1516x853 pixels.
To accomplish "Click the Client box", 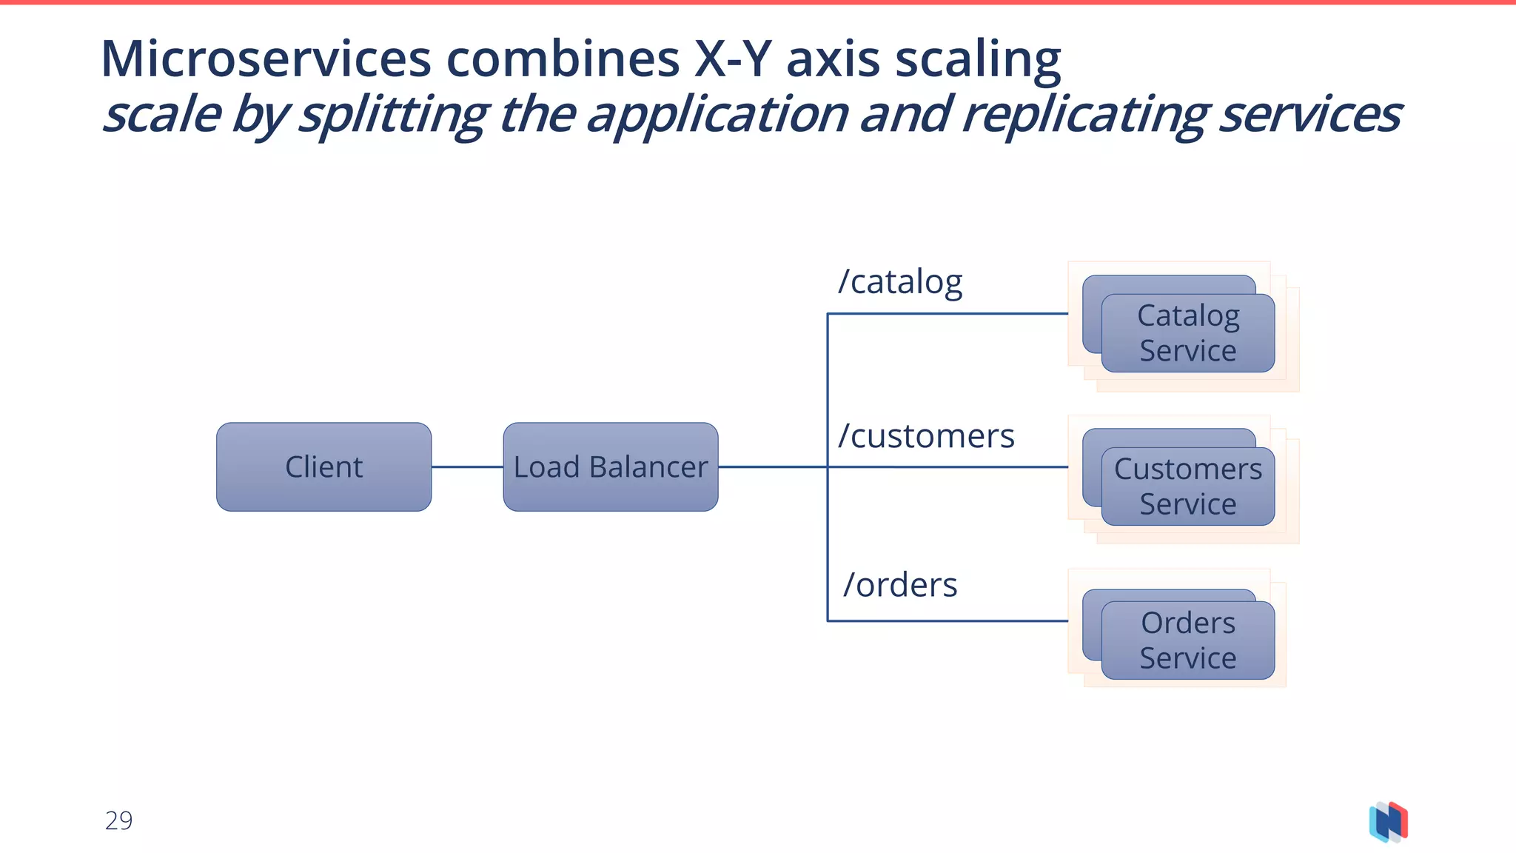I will click(323, 467).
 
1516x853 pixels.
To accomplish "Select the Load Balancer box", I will click(610, 467).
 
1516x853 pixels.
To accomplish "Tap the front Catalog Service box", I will click(1187, 333).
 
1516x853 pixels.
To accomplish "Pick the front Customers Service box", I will click(1187, 486).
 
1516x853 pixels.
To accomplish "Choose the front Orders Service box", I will click(1187, 640).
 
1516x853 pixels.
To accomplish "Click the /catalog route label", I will click(899, 282).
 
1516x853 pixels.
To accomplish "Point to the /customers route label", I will click(925, 436).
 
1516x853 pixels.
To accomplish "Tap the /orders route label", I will click(900, 585).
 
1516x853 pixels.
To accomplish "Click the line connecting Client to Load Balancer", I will click(467, 467).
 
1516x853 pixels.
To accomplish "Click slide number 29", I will click(118, 821).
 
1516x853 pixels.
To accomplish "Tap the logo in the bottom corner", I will click(1388, 822).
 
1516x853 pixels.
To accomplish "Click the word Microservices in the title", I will click(266, 59).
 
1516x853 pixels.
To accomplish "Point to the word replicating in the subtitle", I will click(1085, 116).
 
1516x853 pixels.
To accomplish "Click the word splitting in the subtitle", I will click(393, 116).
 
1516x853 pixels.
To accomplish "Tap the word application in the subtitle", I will click(717, 116).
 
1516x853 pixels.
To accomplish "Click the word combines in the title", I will click(563, 59).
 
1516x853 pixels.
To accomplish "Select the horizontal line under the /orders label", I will click(947, 620).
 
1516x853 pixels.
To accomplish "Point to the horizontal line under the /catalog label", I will click(947, 314).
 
